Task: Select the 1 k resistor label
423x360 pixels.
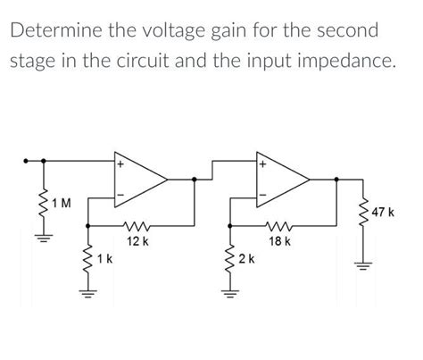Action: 104,259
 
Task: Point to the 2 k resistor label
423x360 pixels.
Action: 246,259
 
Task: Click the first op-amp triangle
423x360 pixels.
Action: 138,179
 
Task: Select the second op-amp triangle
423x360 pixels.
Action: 281,179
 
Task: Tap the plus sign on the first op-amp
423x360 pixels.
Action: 120,164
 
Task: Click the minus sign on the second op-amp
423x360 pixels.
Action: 262,195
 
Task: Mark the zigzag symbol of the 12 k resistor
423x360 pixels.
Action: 138,226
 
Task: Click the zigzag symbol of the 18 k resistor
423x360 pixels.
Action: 281,226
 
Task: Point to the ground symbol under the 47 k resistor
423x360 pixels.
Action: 364,264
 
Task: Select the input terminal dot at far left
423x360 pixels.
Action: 28,163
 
